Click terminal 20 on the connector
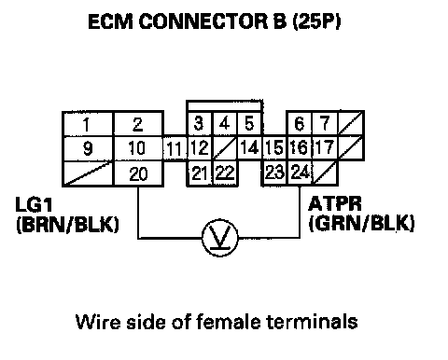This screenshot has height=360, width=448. pos(138,173)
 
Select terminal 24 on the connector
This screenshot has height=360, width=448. pos(300,173)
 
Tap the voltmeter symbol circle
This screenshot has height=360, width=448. pos(220,238)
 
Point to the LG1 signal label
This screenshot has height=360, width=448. pos(35,204)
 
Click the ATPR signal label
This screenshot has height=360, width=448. pos(335,204)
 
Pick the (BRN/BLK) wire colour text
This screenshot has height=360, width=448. pos(67,225)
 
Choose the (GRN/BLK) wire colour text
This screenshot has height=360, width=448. pos(361,223)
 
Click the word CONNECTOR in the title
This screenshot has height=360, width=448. pos(203,21)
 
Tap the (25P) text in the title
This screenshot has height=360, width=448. pos(316,21)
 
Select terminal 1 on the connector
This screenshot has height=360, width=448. pos(88,124)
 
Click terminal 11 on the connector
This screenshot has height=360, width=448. pos(175,148)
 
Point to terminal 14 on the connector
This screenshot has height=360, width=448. pos(249,147)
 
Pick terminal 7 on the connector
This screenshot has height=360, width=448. pos(325,124)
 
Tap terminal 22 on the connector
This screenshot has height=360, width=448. pos(225,173)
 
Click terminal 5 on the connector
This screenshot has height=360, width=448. pos(249,124)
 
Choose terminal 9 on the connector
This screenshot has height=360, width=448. pos(88,148)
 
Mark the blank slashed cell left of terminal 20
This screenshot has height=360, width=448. pos(89,173)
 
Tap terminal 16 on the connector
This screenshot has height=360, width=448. pos(300,147)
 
